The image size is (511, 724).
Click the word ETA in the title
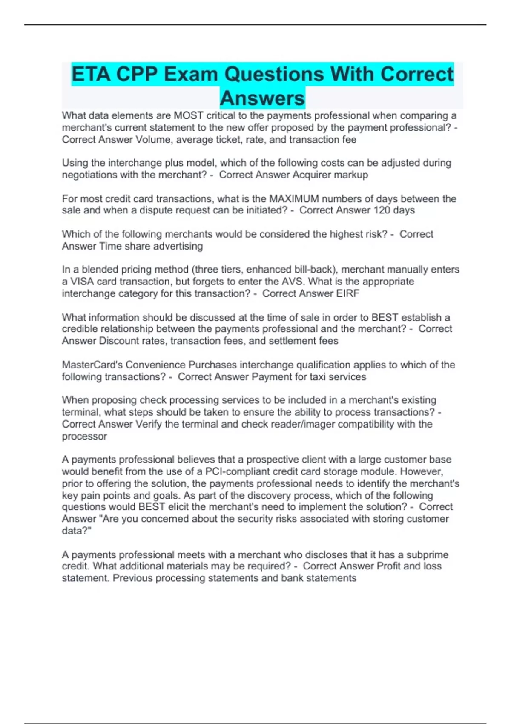tap(91, 75)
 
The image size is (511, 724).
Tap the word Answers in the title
tap(262, 98)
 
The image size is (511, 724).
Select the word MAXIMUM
tap(294, 199)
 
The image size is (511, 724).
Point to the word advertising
tap(178, 246)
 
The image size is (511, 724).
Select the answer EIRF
tap(348, 293)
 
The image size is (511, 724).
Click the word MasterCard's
tap(92, 365)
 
